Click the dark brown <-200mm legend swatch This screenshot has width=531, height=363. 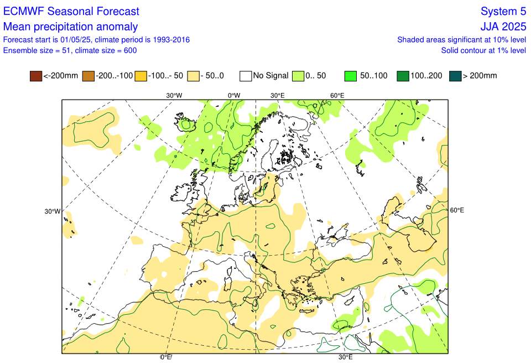[x=36, y=76]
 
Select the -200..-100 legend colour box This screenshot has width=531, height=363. [x=88, y=76]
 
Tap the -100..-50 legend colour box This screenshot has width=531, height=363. [x=141, y=76]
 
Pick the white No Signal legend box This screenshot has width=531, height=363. [x=246, y=76]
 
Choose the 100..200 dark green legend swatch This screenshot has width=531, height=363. [x=403, y=76]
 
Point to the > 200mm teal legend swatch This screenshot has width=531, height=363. [x=455, y=76]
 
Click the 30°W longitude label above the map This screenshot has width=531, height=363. [x=174, y=95]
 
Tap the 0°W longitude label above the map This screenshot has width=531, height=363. [x=234, y=95]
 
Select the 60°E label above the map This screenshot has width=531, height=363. [x=337, y=95]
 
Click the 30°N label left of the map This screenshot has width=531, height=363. [x=53, y=211]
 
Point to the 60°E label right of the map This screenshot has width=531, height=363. [x=457, y=210]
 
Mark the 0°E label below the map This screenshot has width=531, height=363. [x=166, y=357]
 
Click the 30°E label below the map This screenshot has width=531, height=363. [x=346, y=357]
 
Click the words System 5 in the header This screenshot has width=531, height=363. [x=503, y=12]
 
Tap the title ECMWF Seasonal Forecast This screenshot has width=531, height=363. [x=71, y=12]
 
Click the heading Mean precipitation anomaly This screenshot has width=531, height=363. [x=71, y=27]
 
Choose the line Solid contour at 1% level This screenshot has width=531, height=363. [x=483, y=50]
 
